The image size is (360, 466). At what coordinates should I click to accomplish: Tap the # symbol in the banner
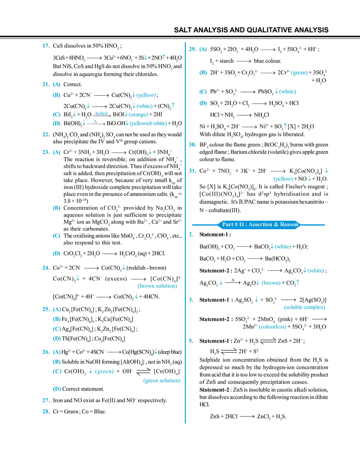click(x=236, y=225)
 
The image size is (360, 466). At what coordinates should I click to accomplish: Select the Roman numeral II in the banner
click(x=241, y=225)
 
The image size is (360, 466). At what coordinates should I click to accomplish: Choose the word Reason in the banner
click(x=289, y=225)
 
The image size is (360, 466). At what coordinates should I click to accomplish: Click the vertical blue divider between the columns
click(x=186, y=286)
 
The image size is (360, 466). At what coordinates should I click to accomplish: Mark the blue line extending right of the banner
click(x=313, y=225)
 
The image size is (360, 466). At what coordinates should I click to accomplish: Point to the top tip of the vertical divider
click(x=186, y=42)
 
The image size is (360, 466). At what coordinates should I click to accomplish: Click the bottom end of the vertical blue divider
click(x=186, y=423)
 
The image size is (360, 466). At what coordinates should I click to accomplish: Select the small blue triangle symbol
click(x=94, y=121)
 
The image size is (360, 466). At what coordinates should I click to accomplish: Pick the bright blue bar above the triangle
click(x=101, y=113)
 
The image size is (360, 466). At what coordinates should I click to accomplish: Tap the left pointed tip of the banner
click(x=218, y=225)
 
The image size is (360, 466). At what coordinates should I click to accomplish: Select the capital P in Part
click(x=223, y=225)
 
